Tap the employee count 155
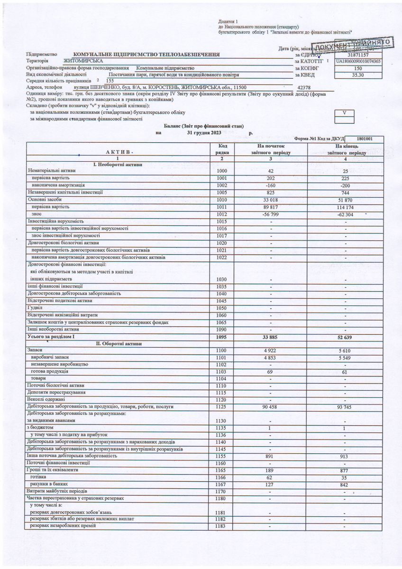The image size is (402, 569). click(110, 81)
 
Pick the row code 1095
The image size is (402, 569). click(222, 337)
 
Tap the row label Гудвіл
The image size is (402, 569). click(36, 308)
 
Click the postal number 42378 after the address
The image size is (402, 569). click(303, 88)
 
